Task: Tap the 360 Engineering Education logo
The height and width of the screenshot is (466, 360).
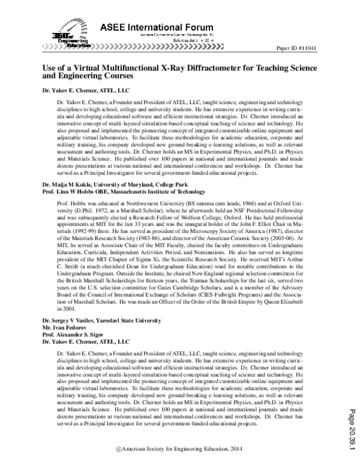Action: click(61, 40)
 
